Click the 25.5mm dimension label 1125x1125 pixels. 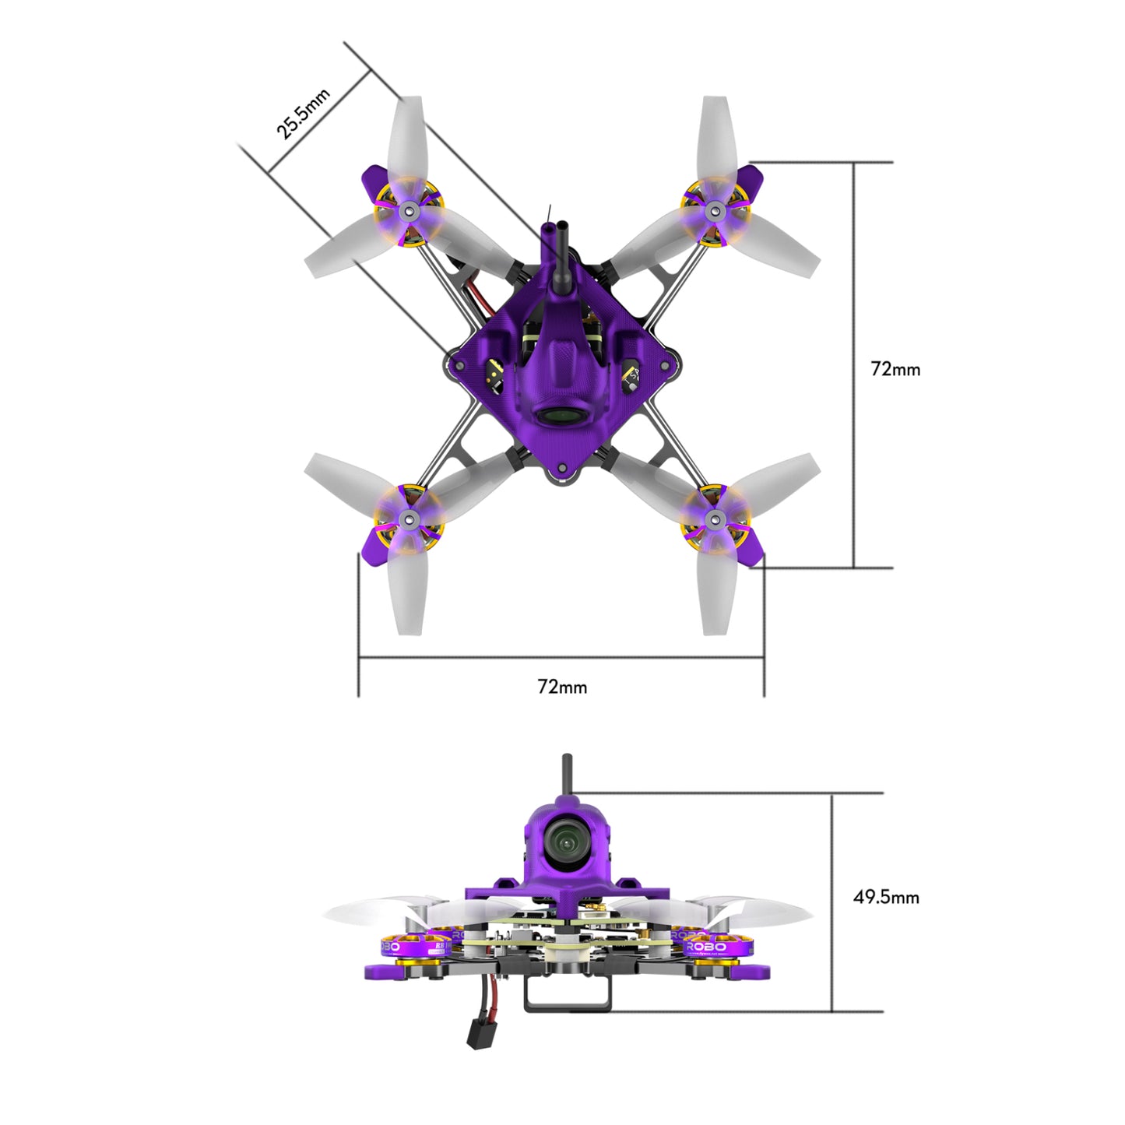[304, 114]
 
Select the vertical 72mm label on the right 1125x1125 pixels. [895, 369]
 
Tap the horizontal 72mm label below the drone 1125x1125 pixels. [562, 687]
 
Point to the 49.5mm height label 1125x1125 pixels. [886, 897]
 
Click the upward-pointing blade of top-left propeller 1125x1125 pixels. [407, 140]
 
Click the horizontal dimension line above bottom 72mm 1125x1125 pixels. [561, 658]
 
